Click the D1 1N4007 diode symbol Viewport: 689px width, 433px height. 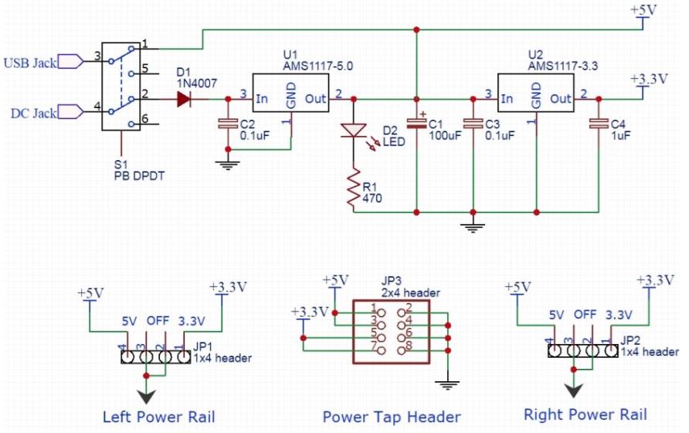(184, 99)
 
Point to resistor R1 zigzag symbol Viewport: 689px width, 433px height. (355, 190)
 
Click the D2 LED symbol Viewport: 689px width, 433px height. (355, 131)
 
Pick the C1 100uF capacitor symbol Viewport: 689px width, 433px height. (417, 122)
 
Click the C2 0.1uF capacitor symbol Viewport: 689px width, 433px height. (227, 123)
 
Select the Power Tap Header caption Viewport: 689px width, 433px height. (392, 417)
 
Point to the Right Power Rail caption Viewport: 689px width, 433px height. (585, 414)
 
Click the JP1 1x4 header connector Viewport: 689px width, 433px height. (154, 356)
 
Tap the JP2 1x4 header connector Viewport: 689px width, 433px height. (579, 350)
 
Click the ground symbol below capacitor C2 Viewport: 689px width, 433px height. (227, 162)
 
